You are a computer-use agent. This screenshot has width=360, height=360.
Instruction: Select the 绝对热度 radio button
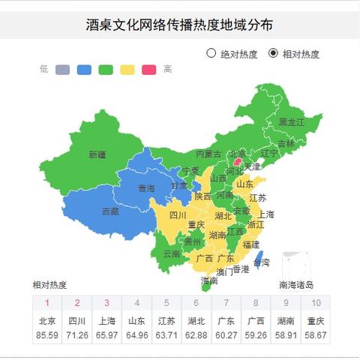(x=211, y=53)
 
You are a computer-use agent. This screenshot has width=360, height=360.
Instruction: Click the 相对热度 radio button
(x=273, y=53)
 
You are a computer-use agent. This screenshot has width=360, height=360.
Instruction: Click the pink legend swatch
(x=149, y=70)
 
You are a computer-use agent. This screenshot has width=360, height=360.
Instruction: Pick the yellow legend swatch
(x=127, y=70)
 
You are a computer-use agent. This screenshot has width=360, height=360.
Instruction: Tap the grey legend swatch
(x=62, y=70)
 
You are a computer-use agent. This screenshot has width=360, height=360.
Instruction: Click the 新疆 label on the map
(x=97, y=154)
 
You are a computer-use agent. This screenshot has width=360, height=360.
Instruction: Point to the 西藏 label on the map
(x=110, y=211)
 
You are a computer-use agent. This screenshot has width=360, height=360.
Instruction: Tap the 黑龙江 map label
(x=292, y=121)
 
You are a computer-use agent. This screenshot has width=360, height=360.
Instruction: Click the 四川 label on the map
(x=178, y=216)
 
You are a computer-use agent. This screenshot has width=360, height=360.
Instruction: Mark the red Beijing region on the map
(x=238, y=160)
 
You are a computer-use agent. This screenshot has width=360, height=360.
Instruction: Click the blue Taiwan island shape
(x=259, y=259)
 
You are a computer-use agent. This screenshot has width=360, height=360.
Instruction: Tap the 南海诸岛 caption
(x=296, y=285)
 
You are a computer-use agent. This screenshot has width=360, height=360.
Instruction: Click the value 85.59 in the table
(x=47, y=334)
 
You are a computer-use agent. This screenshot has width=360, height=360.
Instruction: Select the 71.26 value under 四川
(x=76, y=334)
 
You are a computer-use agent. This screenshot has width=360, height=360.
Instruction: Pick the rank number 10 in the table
(x=316, y=303)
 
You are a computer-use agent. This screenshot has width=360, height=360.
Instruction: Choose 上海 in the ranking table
(x=106, y=320)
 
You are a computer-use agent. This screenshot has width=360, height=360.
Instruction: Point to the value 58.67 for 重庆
(x=316, y=334)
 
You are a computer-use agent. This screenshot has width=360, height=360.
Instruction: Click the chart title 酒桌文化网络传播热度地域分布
(x=179, y=25)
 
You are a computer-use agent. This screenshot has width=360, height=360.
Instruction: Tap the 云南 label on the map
(x=172, y=253)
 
